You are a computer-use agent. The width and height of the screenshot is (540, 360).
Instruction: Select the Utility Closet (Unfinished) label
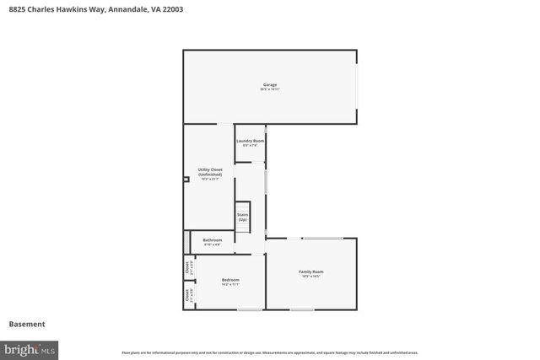pos(210,174)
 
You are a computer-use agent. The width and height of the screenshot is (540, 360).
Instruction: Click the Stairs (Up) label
pos(242,217)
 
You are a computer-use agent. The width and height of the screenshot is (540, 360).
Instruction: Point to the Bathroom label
pos(213,242)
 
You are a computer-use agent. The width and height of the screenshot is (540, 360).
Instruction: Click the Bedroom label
pos(230,282)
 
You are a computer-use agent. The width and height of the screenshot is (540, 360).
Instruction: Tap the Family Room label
pos(311,273)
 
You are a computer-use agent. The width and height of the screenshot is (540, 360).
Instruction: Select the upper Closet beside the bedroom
pos(187,268)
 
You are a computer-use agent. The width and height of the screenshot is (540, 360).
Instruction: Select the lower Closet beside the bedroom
pos(187,296)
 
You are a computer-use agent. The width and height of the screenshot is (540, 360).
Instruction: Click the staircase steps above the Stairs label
pos(243,207)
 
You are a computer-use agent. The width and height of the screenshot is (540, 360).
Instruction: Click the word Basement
pos(27,325)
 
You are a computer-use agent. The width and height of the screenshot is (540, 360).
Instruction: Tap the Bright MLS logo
pos(30,348)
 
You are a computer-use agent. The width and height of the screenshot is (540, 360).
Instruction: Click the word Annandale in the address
pos(127,9)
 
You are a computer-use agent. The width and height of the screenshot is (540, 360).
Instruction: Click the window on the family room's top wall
pos(322,238)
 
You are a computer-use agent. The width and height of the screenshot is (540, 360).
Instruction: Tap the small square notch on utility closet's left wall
pos(186,179)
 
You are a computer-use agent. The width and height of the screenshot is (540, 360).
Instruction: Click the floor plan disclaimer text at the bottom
pos(270,352)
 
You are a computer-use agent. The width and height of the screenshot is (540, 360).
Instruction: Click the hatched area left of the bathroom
pos(186,241)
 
